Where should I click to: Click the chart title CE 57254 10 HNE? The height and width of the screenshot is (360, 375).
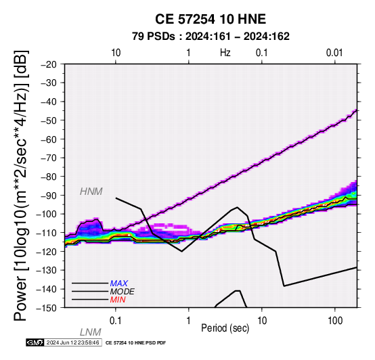pos(211,19)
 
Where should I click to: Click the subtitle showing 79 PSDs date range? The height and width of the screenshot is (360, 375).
pos(211,37)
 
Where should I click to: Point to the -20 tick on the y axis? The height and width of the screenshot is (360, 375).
pos(49,64)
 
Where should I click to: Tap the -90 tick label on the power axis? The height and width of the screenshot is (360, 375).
pos(49,196)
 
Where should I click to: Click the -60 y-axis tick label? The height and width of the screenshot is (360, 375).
pos(49,139)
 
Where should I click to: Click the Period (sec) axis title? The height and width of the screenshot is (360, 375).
pos(225,328)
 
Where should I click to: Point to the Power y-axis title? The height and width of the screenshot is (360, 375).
pos(21,185)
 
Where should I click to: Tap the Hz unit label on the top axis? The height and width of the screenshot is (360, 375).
pos(225,53)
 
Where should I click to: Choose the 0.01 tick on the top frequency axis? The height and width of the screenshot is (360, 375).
pos(334,53)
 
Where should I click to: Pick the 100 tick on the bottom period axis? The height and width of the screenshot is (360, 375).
pos(335,321)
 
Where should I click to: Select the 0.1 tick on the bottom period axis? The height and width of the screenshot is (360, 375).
pos(116,321)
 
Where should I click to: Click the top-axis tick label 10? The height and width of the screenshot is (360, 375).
pos(116,53)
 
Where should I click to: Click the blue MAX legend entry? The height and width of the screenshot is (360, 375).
pos(119,284)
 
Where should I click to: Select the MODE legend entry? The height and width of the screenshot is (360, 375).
pos(123,292)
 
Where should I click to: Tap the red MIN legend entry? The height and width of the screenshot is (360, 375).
pos(118,300)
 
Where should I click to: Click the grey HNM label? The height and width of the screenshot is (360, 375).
pos(91,192)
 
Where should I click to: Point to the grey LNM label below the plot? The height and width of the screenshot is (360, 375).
pos(91,332)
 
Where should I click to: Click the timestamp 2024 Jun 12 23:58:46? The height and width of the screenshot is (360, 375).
pos(72,342)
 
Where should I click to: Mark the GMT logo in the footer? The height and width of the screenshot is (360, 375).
pos(35,342)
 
